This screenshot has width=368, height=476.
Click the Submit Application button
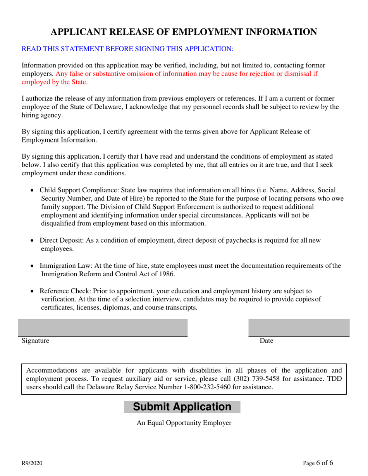tap(182, 407)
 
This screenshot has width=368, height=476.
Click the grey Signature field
tap(103, 327)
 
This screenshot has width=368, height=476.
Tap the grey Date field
tap(299, 327)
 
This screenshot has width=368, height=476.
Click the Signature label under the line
tap(35, 341)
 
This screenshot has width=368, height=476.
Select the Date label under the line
tap(267, 341)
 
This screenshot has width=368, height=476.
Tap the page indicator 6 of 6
tap(325, 463)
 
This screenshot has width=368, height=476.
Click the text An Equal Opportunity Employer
tap(184, 423)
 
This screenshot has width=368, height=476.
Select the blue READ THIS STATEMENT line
tap(127, 49)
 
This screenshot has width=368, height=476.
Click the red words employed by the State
tap(55, 82)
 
